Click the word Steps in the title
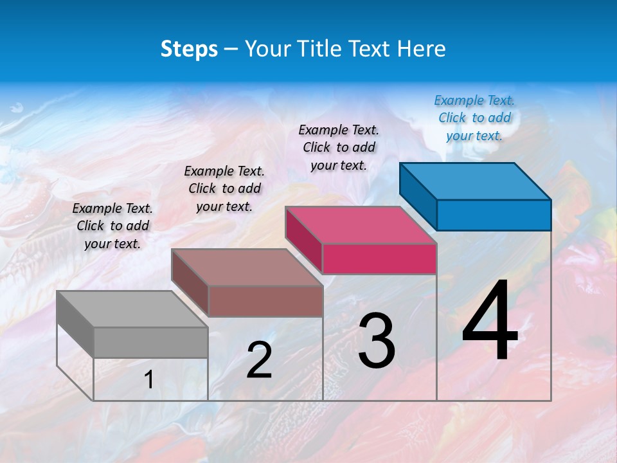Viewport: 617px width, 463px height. pyautogui.click(x=189, y=49)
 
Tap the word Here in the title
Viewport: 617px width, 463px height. pyautogui.click(x=422, y=49)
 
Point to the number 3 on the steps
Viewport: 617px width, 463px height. pyautogui.click(x=377, y=341)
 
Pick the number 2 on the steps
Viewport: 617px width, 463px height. pyautogui.click(x=259, y=360)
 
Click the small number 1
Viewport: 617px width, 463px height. pyautogui.click(x=149, y=380)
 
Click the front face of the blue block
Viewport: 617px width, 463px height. pyautogui.click(x=494, y=215)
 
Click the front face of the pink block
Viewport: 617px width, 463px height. pyautogui.click(x=379, y=259)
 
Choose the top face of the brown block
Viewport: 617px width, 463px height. pyautogui.click(x=247, y=267)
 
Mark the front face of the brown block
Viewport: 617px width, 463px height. pyautogui.click(x=265, y=301)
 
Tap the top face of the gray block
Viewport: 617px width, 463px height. pyautogui.click(x=132, y=309)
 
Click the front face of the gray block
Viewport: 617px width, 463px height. pyautogui.click(x=150, y=342)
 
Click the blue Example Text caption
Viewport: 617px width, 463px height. pyautogui.click(x=474, y=118)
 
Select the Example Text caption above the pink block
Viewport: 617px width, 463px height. pyautogui.click(x=339, y=147)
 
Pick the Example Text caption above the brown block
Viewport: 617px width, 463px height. pyautogui.click(x=224, y=188)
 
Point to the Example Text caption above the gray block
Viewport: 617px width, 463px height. pyautogui.click(x=112, y=226)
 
